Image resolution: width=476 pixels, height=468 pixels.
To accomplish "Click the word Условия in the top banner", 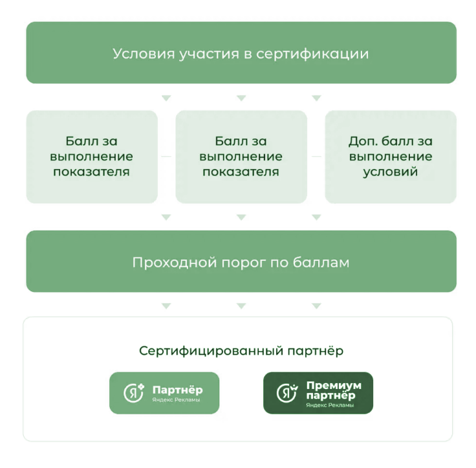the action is pyautogui.click(x=144, y=54).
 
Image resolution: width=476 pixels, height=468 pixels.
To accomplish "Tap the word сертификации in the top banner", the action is pyautogui.click(x=312, y=54).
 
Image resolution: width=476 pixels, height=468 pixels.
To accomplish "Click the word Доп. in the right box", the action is pyautogui.click(x=362, y=142).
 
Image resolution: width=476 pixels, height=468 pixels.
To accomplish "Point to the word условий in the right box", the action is pyautogui.click(x=391, y=172).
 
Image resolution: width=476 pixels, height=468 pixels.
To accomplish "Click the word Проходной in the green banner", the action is pyautogui.click(x=174, y=263).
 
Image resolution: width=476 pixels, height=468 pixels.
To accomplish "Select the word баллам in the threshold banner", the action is pyautogui.click(x=321, y=263).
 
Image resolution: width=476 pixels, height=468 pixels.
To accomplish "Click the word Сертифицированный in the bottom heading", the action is pyautogui.click(x=211, y=351).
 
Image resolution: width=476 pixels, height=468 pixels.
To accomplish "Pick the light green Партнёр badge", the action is pyautogui.click(x=164, y=393).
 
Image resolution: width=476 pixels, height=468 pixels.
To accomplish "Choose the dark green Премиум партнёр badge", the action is pyautogui.click(x=318, y=393).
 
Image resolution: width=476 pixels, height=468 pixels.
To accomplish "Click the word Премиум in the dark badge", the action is pyautogui.click(x=334, y=385).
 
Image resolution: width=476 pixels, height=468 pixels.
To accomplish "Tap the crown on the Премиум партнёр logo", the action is pyautogui.click(x=294, y=388).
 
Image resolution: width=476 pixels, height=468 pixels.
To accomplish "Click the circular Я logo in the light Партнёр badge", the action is pyautogui.click(x=133, y=394).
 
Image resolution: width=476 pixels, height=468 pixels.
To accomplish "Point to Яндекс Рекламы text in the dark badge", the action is pyautogui.click(x=330, y=405).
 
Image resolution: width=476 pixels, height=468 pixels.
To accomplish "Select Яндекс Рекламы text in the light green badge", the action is pyautogui.click(x=176, y=400).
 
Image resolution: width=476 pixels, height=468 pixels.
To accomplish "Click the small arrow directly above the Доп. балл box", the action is pyautogui.click(x=317, y=98).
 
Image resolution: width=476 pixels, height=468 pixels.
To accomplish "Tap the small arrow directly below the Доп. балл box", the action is pyautogui.click(x=317, y=217).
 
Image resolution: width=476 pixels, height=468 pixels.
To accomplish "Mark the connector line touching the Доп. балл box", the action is pyautogui.click(x=316, y=157).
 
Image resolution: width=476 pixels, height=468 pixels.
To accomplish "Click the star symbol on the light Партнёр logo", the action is pyautogui.click(x=141, y=387).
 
